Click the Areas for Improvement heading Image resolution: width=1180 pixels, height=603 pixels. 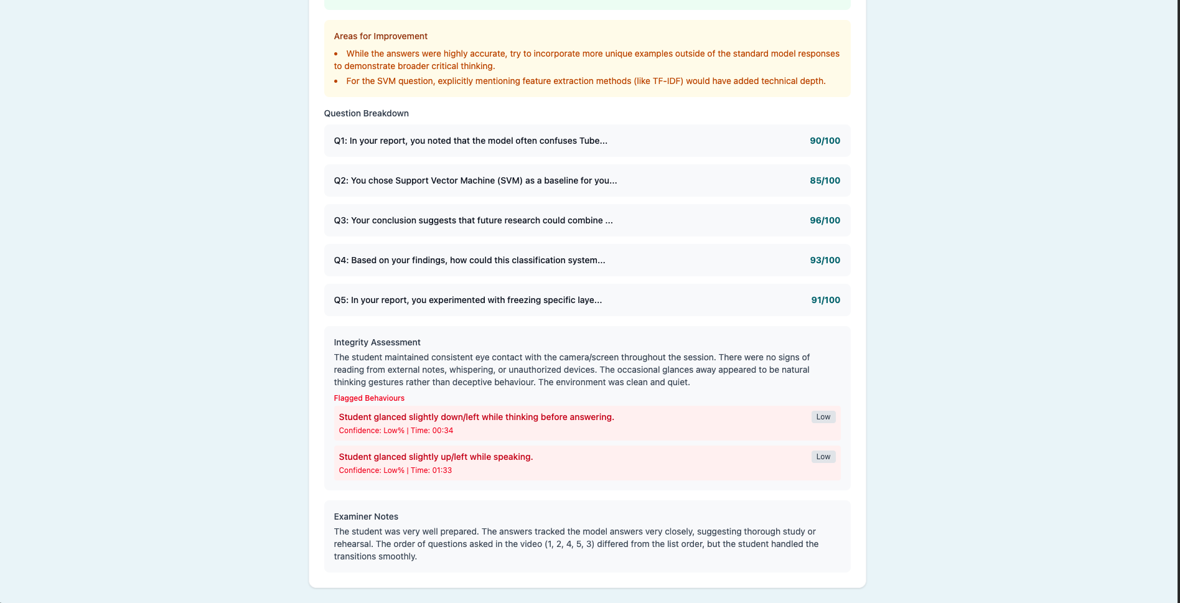click(380, 36)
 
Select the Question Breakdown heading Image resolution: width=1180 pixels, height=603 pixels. click(366, 113)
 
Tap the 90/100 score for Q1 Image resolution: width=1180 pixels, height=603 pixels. click(825, 141)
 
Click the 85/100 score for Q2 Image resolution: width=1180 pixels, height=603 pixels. click(825, 180)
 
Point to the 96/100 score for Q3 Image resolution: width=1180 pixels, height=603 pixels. click(825, 220)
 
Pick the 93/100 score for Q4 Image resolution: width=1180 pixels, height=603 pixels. click(825, 260)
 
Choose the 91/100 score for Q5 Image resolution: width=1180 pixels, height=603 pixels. click(825, 300)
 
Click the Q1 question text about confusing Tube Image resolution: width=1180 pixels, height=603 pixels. click(471, 141)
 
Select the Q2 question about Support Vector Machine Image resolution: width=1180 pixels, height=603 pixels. click(475, 180)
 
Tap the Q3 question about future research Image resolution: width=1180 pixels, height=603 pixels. click(473, 220)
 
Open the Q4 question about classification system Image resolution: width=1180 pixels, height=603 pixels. click(469, 260)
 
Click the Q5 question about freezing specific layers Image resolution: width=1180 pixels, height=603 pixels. click(467, 300)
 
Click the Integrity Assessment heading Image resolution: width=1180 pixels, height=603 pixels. click(377, 342)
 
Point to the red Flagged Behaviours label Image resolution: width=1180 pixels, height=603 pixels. click(369, 398)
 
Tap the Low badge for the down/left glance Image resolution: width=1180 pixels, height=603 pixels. click(823, 417)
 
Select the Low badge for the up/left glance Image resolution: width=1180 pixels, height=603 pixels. click(823, 457)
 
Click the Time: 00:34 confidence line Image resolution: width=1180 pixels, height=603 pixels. click(396, 431)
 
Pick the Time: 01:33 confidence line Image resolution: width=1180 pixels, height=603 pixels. click(395, 470)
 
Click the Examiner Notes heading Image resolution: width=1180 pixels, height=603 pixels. click(366, 517)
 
